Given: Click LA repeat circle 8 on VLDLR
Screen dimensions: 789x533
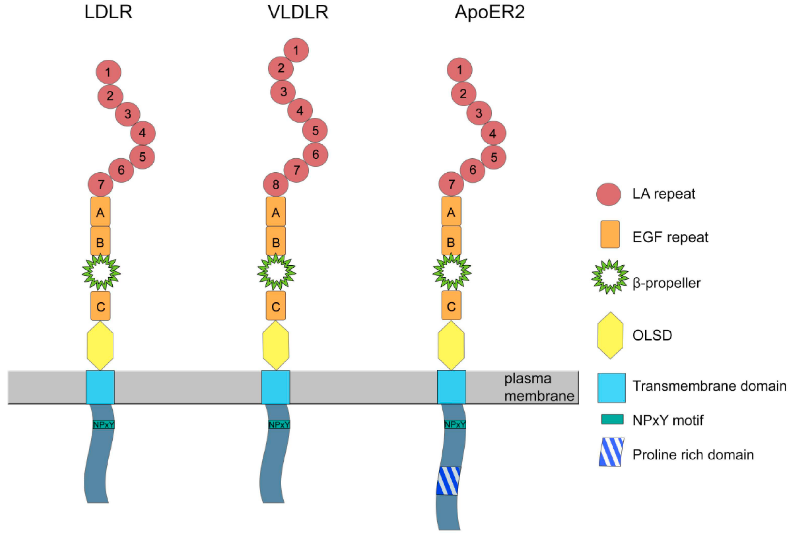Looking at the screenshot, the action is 276,185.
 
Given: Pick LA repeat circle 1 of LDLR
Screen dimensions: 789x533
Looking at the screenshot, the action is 108,72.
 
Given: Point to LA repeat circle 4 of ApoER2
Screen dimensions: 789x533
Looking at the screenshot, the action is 493,133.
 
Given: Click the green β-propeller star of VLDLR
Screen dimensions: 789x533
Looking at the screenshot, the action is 276,272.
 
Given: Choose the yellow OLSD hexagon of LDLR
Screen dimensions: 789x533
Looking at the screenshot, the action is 100,346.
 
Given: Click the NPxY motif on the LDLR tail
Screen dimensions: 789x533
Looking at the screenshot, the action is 104,424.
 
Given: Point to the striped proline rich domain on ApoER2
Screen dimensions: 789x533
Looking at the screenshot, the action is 448,481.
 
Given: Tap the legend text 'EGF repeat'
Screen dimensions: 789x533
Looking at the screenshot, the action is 670,237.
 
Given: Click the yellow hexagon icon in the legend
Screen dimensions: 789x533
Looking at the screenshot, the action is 610,335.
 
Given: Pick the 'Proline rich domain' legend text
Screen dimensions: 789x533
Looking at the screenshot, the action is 693,454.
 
